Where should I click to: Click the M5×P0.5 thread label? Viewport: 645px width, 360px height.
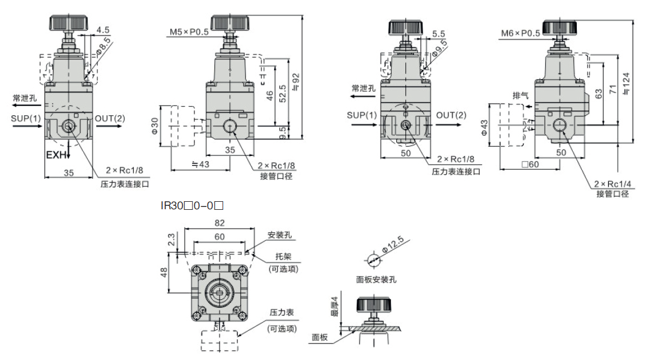189,32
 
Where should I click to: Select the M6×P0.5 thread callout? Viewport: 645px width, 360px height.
520,33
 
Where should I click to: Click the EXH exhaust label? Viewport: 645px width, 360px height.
56,155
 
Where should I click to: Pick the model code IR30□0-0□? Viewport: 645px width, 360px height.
191,204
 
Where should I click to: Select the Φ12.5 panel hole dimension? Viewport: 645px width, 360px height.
396,248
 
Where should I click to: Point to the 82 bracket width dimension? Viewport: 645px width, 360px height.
219,223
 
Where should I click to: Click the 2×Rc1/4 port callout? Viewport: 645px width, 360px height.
612,184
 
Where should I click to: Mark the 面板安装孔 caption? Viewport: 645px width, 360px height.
376,280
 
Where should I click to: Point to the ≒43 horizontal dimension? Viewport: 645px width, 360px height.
201,164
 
